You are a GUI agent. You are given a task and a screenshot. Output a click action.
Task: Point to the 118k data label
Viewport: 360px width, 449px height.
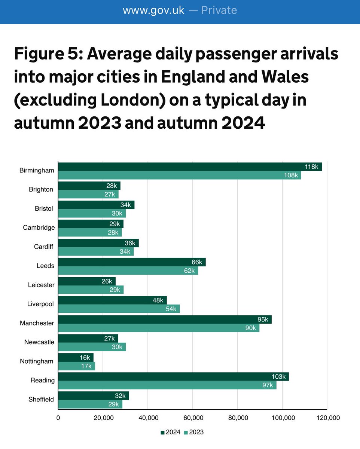coord(311,167)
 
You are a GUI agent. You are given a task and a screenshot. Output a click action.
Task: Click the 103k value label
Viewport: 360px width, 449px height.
coord(278,376)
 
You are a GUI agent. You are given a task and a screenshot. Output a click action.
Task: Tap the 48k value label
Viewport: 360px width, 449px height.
coord(158,300)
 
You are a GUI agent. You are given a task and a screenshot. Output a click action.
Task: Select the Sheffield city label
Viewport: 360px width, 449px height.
coord(41,399)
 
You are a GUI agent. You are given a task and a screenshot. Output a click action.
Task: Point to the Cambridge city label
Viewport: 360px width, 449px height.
coord(39,227)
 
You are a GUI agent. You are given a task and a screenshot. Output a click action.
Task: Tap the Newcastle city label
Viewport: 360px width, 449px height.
coord(39,342)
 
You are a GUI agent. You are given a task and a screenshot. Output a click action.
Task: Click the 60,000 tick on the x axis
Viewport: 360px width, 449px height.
coord(192,418)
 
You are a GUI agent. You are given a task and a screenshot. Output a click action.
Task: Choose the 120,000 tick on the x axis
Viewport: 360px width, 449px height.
coord(327,418)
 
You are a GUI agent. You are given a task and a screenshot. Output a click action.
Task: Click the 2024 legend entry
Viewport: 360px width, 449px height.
coord(171,432)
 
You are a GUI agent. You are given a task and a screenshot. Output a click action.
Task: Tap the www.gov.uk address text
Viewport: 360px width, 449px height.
coord(153,10)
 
